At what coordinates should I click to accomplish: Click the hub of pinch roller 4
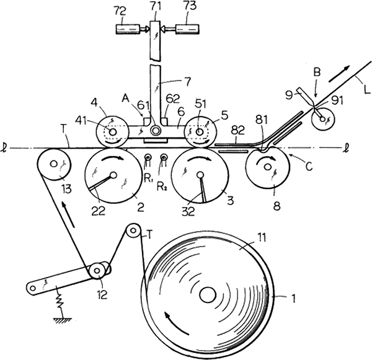pyautogui.click(x=112, y=132)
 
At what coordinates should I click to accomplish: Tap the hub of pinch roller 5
pyautogui.click(x=199, y=132)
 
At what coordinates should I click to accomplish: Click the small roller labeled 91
pyautogui.click(x=322, y=116)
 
